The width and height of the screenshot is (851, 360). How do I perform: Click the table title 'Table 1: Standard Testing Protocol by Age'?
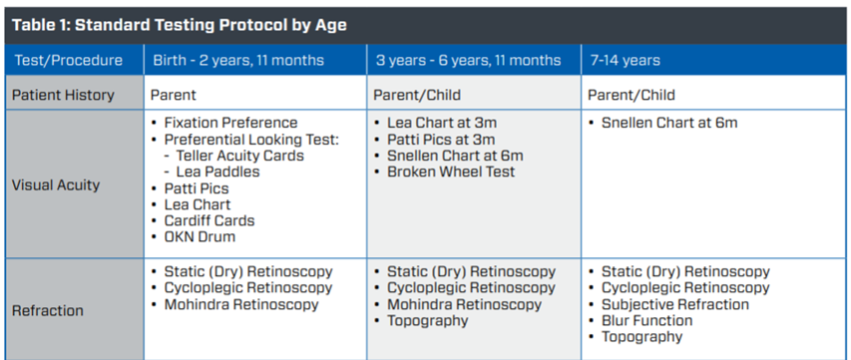point(180,26)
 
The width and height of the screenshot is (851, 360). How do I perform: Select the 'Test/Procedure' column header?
point(69,60)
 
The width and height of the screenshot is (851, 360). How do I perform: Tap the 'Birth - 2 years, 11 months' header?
point(238,60)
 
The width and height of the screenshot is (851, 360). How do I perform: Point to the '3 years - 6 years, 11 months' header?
point(468,60)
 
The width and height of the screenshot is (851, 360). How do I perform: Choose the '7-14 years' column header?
point(626,60)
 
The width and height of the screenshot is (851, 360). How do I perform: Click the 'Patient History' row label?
point(63,95)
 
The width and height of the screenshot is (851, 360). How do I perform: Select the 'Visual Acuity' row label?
point(56,184)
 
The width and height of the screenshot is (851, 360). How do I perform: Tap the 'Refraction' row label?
point(48,311)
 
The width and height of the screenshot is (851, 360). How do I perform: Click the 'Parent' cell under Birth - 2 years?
point(174,95)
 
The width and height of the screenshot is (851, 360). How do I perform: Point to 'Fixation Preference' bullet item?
point(231,123)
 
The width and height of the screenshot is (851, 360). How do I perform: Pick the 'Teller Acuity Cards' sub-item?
point(239,156)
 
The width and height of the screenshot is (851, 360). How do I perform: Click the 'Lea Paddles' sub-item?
point(217,172)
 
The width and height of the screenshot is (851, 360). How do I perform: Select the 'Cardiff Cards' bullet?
point(210,220)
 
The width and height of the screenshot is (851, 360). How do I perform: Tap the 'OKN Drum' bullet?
point(200,237)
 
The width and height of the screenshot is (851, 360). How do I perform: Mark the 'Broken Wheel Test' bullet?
point(451,172)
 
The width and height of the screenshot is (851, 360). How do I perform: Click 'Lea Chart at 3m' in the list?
point(442,123)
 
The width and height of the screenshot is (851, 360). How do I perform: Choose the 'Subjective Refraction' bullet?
point(675,304)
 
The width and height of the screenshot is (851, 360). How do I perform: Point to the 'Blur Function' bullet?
point(646,320)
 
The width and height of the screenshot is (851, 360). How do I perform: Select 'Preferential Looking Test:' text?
point(251,140)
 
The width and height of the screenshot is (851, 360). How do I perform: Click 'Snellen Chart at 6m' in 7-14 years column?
point(669,123)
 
